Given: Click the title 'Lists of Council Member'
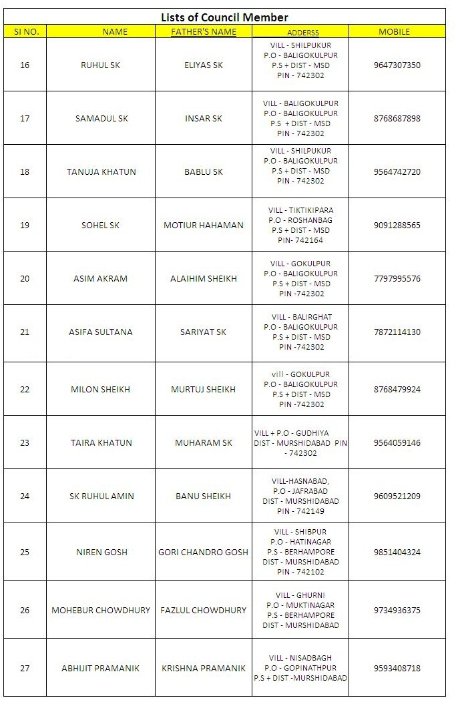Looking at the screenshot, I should click(224, 17).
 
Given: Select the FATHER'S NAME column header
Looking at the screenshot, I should click(204, 31).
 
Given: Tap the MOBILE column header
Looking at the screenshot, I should click(395, 31).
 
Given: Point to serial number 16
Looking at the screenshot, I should click(25, 65).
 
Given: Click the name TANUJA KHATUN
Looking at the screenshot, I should click(101, 171).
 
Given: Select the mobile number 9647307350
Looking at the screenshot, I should click(397, 65).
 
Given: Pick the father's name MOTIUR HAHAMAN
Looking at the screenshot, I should click(204, 225).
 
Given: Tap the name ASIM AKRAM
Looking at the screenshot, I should click(100, 278).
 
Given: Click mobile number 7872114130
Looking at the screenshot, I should click(397, 332).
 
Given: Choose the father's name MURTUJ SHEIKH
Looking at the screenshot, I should click(204, 389).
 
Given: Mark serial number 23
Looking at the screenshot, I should click(25, 442).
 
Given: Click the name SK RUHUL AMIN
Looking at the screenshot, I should click(101, 496).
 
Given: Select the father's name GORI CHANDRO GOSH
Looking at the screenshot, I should click(203, 552).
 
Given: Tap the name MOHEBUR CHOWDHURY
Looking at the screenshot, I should click(101, 610).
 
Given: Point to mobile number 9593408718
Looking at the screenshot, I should click(397, 668).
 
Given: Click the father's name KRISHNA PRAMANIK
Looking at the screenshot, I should click(204, 668).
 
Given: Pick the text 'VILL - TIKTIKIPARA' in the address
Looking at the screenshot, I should click(300, 210).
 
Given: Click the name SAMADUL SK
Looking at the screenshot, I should click(101, 118).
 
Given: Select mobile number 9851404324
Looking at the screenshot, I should click(397, 552).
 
